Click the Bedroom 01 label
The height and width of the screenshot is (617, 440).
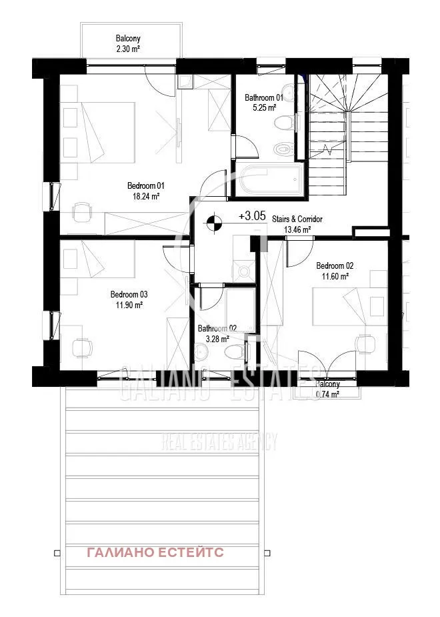coord(145,185)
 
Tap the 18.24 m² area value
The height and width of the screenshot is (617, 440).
coord(145,196)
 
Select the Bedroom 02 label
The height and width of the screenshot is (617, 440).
coord(335,265)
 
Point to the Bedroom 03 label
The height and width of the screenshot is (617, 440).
coord(129,294)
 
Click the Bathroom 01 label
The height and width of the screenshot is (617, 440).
coord(263,97)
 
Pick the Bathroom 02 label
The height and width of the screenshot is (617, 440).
coord(217,328)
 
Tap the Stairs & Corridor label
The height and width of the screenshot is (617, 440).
coord(297,219)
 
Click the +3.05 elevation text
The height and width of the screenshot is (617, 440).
coord(252,215)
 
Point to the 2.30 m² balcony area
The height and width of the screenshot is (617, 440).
coord(128,49)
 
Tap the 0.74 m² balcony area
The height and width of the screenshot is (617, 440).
coord(327,394)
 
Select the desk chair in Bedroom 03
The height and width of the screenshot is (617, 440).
coord(82,348)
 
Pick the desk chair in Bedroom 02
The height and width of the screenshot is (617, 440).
coord(365,343)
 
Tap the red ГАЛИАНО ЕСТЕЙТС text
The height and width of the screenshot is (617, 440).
coord(155,552)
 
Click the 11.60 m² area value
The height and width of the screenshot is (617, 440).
coord(335,276)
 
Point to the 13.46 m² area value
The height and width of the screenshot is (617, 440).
coord(297,230)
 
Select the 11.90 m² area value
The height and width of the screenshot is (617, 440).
coord(129,305)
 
